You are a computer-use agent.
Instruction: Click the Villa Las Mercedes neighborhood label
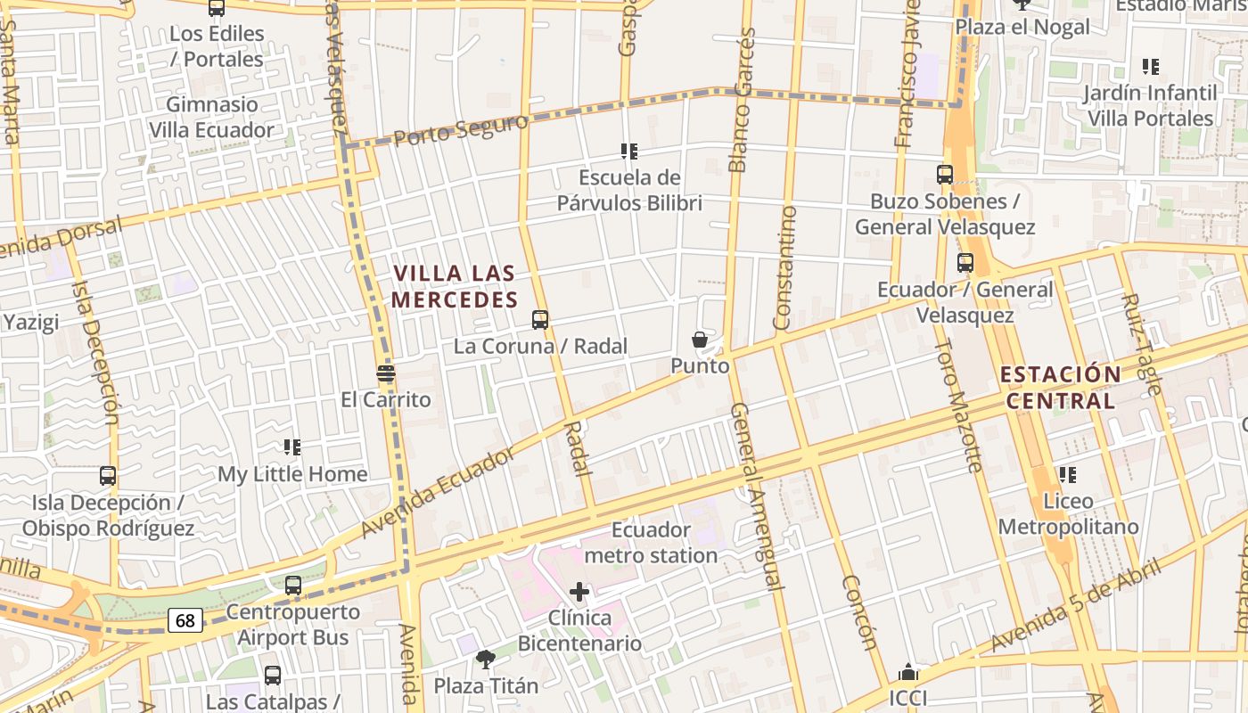click(455, 286)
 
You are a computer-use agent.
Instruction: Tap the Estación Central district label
click(1060, 387)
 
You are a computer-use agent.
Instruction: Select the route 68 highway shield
click(185, 620)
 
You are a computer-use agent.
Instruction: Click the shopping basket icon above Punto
click(700, 340)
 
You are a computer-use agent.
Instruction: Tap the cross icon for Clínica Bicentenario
click(579, 591)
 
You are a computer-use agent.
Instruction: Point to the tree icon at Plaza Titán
click(486, 660)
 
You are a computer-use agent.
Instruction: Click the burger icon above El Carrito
click(386, 373)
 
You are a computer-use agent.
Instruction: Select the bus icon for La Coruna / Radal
click(540, 319)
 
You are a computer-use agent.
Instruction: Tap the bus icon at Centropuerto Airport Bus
click(293, 586)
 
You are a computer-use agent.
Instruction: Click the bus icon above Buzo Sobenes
click(945, 175)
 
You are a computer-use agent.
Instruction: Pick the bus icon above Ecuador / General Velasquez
click(965, 263)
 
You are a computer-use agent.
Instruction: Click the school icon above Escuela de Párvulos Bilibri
click(629, 152)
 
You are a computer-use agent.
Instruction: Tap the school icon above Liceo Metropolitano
click(1067, 475)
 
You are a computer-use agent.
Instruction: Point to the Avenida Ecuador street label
click(439, 493)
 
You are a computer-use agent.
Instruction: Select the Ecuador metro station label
click(652, 543)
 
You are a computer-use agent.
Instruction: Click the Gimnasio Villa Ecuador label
click(211, 117)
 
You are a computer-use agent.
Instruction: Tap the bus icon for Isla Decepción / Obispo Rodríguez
click(108, 476)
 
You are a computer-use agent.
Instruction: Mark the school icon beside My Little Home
click(292, 447)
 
